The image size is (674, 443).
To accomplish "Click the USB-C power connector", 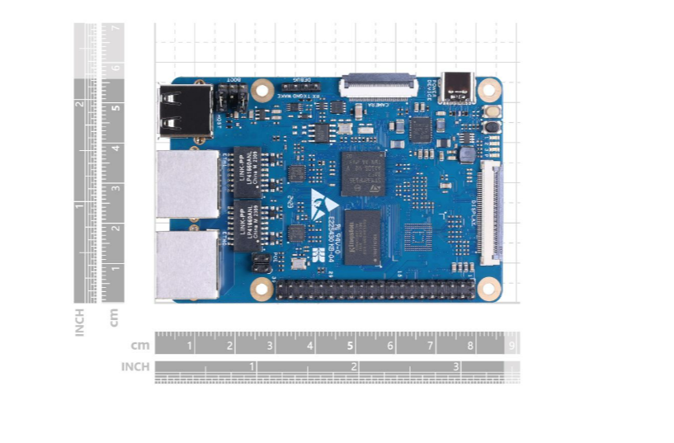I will click(x=458, y=86).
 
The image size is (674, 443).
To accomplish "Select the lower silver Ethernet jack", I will click(x=187, y=264).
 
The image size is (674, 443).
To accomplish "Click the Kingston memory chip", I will click(x=363, y=236).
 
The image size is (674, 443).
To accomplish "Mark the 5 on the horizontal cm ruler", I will click(x=350, y=346).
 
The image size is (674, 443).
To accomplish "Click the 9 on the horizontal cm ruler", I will click(x=511, y=346).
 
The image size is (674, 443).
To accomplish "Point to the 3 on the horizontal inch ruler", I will click(x=455, y=366).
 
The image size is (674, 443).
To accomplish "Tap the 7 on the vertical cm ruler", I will click(x=117, y=28).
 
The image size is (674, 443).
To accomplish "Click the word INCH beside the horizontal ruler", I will click(x=135, y=366).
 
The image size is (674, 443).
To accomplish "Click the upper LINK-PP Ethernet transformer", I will click(x=247, y=168).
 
